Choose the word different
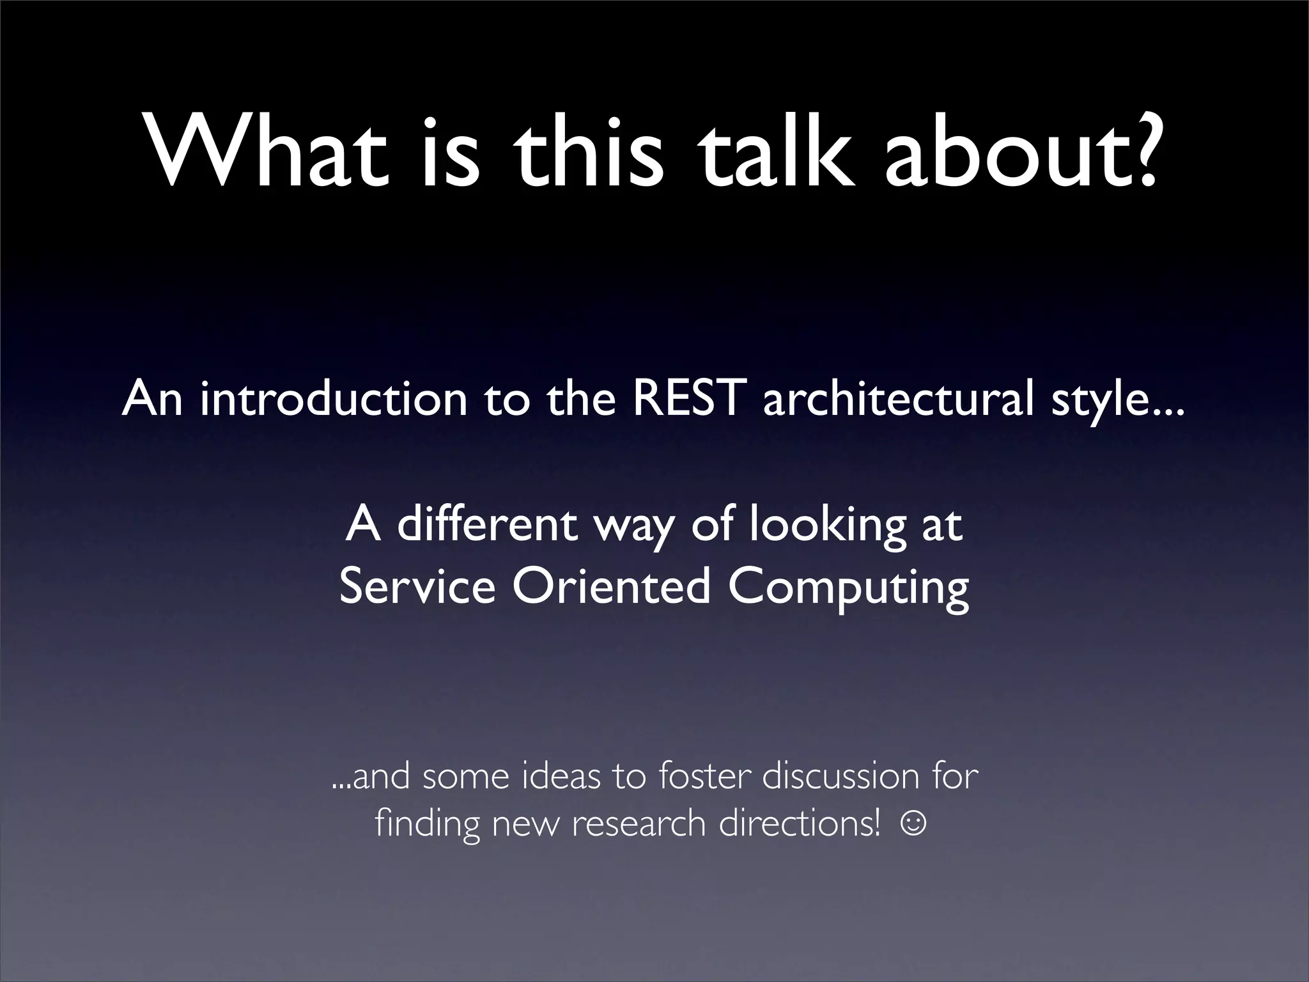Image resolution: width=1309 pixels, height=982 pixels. (x=487, y=525)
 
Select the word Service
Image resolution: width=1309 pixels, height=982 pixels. (x=417, y=586)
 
